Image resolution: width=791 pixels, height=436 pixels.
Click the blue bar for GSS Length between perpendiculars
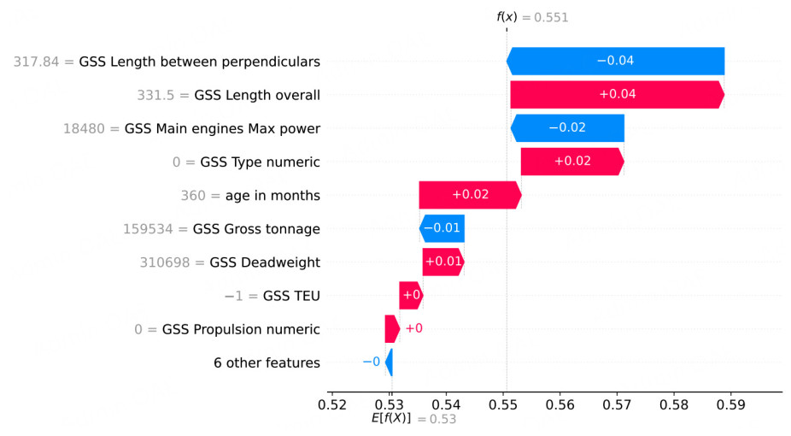tap(615, 62)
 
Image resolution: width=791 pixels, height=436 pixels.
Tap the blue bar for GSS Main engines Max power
tap(567, 128)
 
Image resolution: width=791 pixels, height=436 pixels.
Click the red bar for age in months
tap(470, 195)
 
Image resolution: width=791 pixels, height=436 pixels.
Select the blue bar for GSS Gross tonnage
tap(442, 228)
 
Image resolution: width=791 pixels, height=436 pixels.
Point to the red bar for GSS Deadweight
tap(442, 262)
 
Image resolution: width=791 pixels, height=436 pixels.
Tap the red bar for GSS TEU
tap(411, 295)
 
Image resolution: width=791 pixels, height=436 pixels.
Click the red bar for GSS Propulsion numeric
tap(391, 329)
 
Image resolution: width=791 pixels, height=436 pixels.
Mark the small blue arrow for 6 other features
tap(390, 362)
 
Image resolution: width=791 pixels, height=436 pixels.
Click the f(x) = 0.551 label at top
tap(533, 17)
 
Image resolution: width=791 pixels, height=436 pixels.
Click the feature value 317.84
tap(43, 62)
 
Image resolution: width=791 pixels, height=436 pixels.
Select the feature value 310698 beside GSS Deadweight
tap(168, 262)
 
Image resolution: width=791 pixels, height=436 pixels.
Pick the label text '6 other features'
tap(267, 362)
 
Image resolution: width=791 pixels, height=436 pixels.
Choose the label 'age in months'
tap(272, 195)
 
